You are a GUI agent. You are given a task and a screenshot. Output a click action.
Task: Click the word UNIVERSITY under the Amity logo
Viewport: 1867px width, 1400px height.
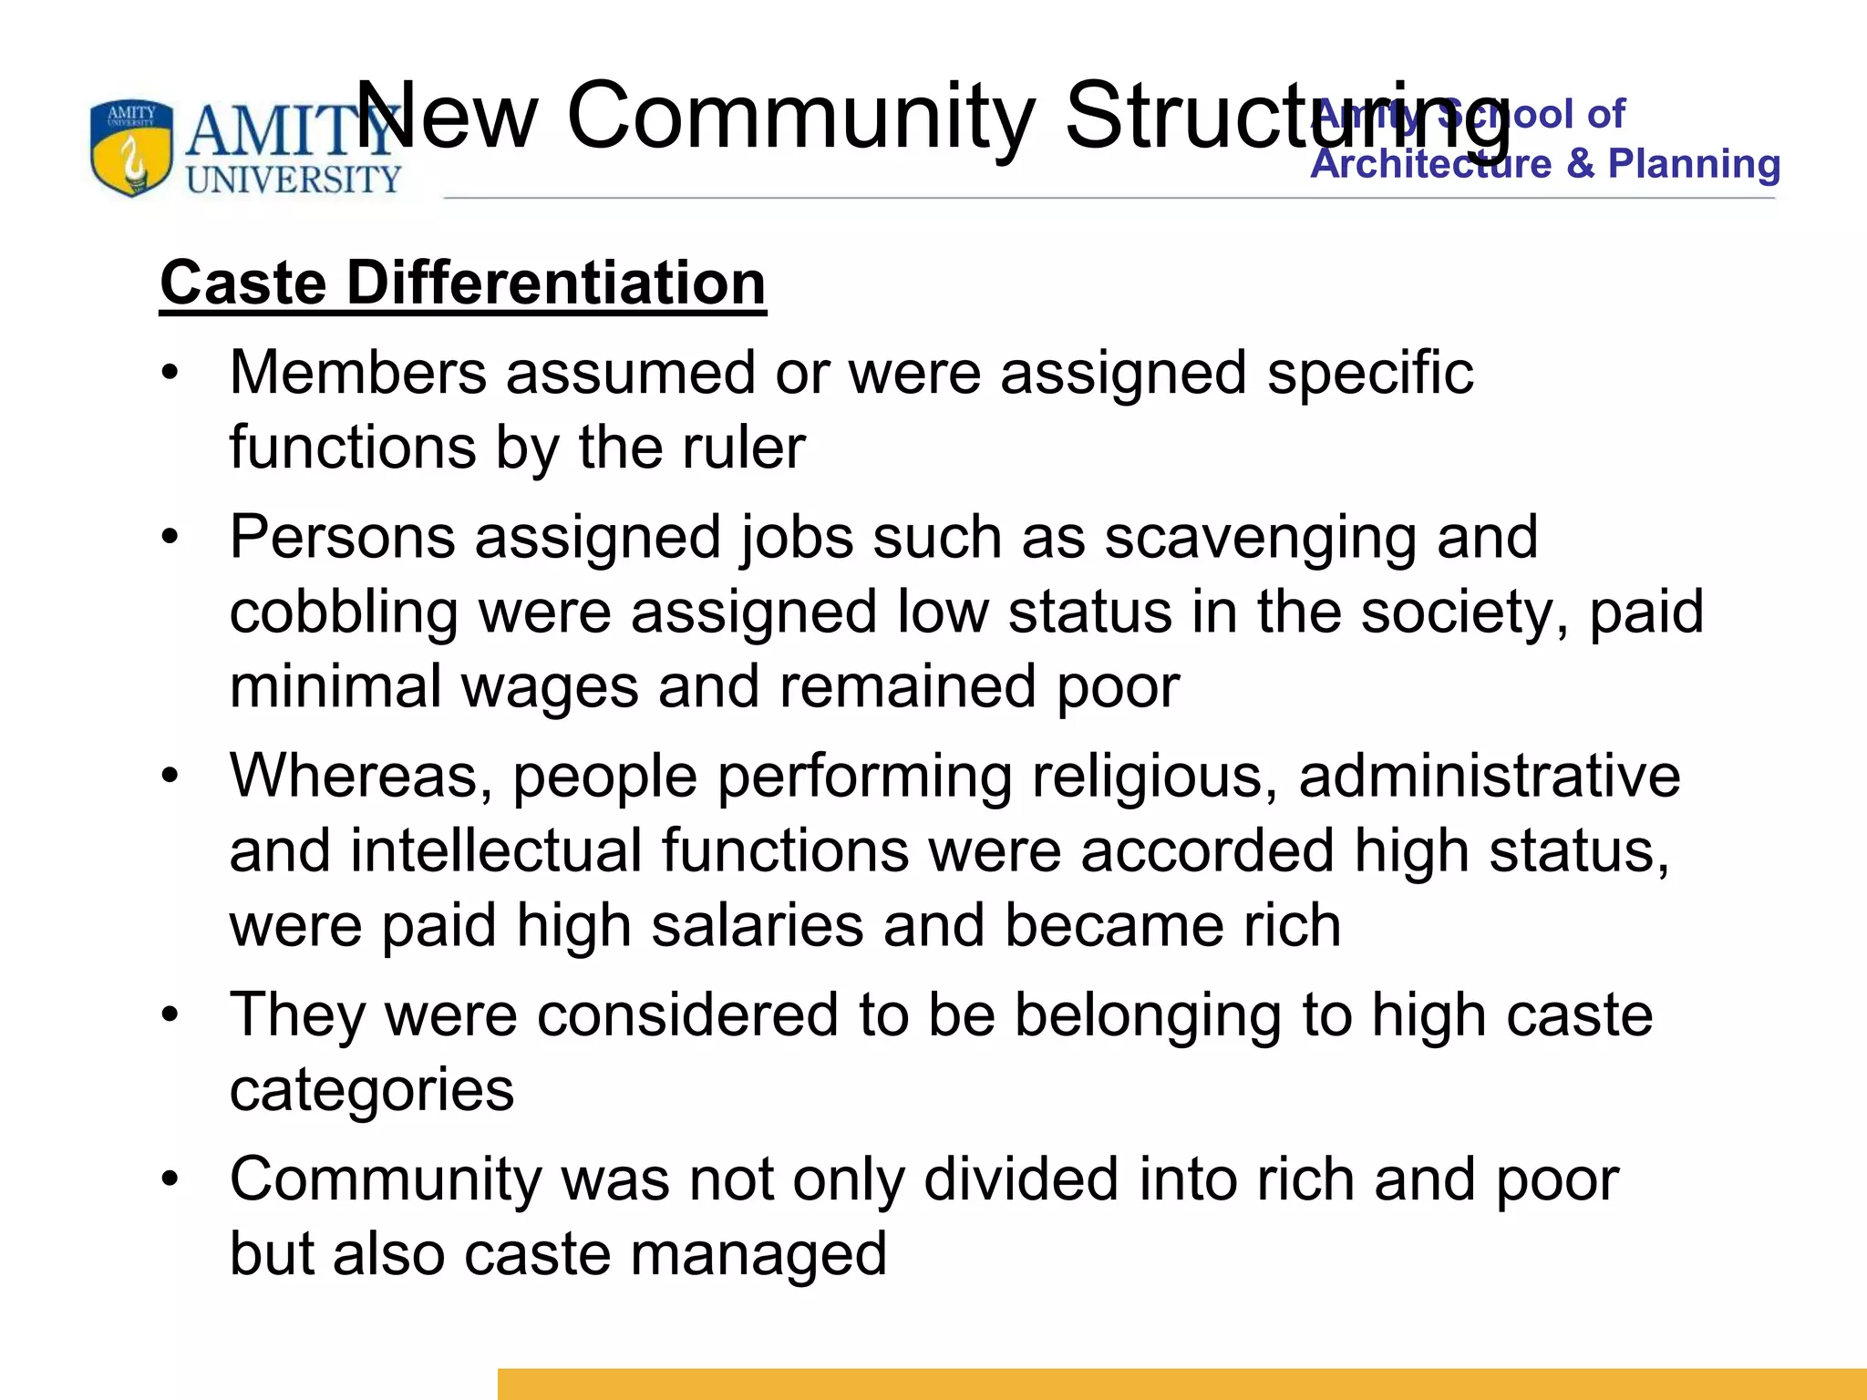pyautogui.click(x=294, y=180)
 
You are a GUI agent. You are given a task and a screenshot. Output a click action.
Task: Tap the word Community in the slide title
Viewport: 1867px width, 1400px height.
pyautogui.click(x=800, y=116)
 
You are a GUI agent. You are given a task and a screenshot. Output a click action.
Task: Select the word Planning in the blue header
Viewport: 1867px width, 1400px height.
pyautogui.click(x=1694, y=164)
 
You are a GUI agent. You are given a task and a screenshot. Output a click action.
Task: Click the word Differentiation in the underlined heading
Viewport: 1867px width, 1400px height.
pyautogui.click(x=556, y=283)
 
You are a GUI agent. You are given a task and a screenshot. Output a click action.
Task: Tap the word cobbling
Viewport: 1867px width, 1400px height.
pyautogui.click(x=344, y=612)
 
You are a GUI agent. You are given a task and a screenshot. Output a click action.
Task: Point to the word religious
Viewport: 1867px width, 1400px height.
pyautogui.click(x=1154, y=776)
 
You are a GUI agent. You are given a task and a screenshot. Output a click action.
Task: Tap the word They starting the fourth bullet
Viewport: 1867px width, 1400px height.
pyautogui.click(x=297, y=1014)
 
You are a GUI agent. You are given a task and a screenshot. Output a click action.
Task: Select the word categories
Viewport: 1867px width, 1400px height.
pyautogui.click(x=371, y=1090)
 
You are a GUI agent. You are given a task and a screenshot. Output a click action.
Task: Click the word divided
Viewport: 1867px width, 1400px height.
pyautogui.click(x=1020, y=1179)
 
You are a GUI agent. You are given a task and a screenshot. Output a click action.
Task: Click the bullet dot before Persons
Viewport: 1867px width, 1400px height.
pyautogui.click(x=170, y=538)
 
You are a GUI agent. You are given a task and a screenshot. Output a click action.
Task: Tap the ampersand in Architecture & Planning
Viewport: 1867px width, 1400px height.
pyautogui.click(x=1580, y=164)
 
